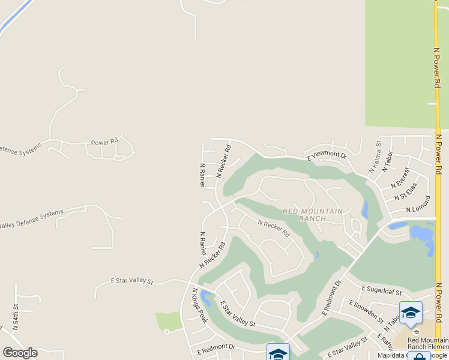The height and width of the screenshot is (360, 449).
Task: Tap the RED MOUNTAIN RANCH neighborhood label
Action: tap(312, 215)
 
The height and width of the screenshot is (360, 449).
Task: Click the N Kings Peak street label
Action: tap(199, 305)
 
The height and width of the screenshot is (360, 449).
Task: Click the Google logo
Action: tap(20, 353)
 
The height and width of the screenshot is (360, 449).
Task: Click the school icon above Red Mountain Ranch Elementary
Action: tap(411, 313)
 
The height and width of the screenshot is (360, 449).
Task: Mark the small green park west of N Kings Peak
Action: tap(169, 322)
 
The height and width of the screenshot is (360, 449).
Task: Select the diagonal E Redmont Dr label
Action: tap(331, 297)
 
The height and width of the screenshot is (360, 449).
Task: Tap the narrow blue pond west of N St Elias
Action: tap(365, 209)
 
